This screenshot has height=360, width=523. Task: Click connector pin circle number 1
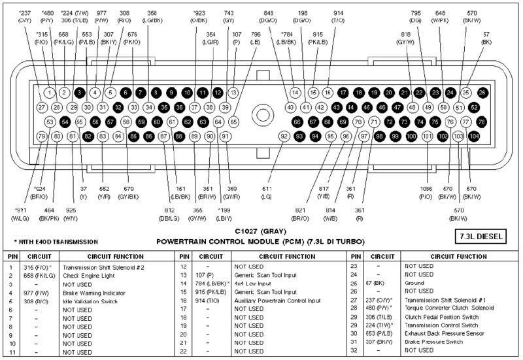pyautogui.click(x=50, y=92)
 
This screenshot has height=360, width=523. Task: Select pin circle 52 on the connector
pyautogui.click(x=482, y=107)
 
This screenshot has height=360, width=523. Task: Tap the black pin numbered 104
pyautogui.click(x=474, y=136)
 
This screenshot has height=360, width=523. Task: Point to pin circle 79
pyautogui.click(x=41, y=136)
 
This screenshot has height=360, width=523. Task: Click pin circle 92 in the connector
pyautogui.click(x=284, y=136)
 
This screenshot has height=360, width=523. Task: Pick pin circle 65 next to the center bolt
pyautogui.click(x=234, y=122)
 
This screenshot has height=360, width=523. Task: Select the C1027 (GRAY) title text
pyautogui.click(x=260, y=231)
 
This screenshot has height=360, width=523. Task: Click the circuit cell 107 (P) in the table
pyautogui.click(x=202, y=276)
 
